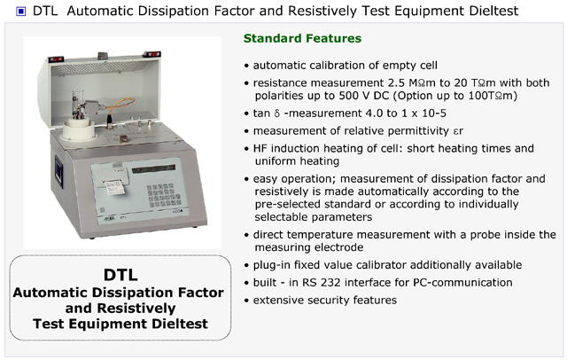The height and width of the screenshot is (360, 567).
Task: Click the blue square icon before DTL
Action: pos(21,12)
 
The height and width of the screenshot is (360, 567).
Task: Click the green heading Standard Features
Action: pos(302,38)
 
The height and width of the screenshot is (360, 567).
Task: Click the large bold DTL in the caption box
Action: pos(120,275)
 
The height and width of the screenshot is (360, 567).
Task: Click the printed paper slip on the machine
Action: pos(115,187)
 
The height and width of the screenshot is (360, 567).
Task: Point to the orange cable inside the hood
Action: pos(120,105)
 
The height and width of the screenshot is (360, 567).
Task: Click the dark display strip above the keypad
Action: pos(153,169)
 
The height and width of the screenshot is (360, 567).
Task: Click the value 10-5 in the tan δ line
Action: pos(434,113)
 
